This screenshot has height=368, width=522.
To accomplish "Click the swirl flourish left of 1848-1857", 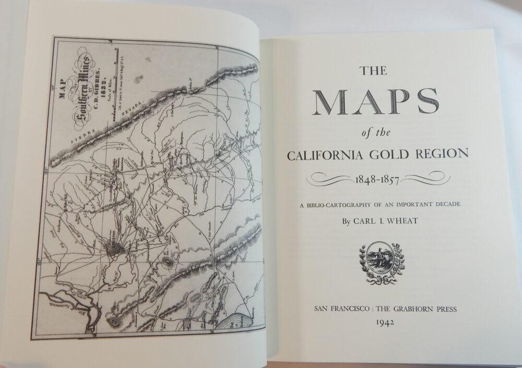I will coord(329,179).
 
